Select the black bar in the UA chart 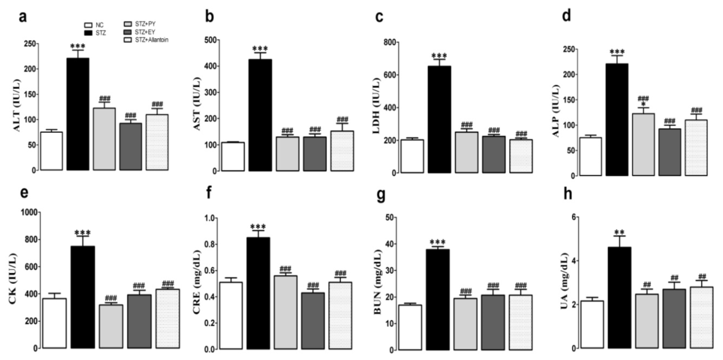tap(619, 297)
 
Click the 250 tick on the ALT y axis tap(27, 44)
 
